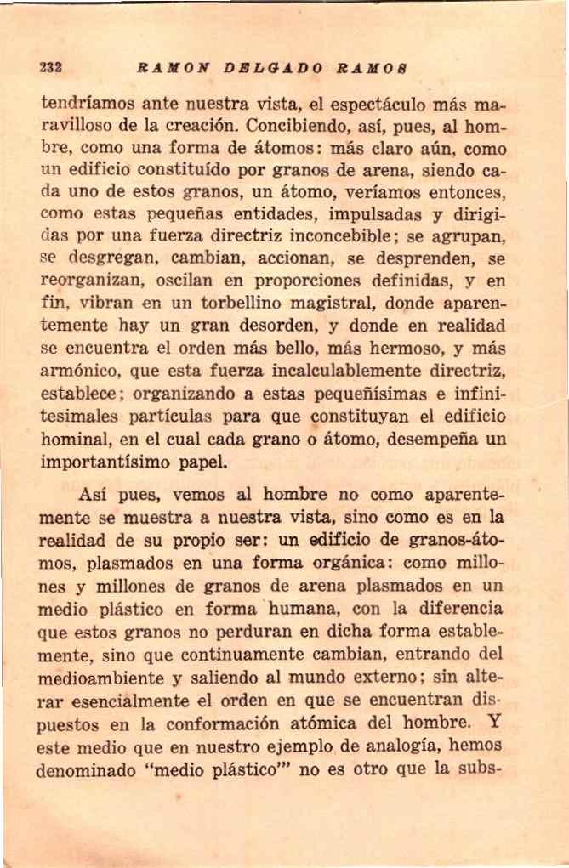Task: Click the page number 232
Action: (52, 68)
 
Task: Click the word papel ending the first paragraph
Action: (202, 463)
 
